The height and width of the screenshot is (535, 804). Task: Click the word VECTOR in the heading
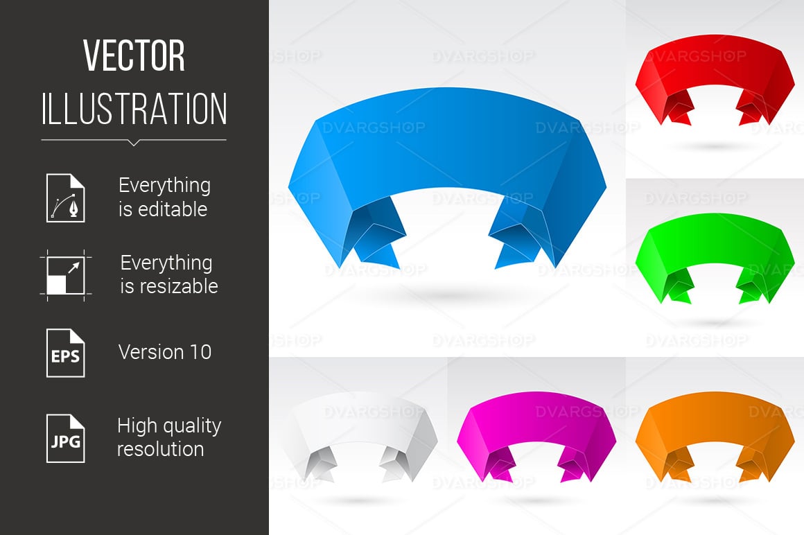[134, 56]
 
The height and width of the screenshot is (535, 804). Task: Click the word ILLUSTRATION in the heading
[134, 109]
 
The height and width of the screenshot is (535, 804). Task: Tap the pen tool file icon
[66, 198]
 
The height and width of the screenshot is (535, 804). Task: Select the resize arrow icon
[66, 275]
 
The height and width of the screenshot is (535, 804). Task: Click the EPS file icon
[66, 353]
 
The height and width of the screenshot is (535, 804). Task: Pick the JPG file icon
[66, 439]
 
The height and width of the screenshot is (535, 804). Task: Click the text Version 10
[164, 352]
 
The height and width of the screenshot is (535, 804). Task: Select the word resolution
[161, 449]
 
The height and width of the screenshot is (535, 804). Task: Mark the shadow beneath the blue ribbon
[447, 295]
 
